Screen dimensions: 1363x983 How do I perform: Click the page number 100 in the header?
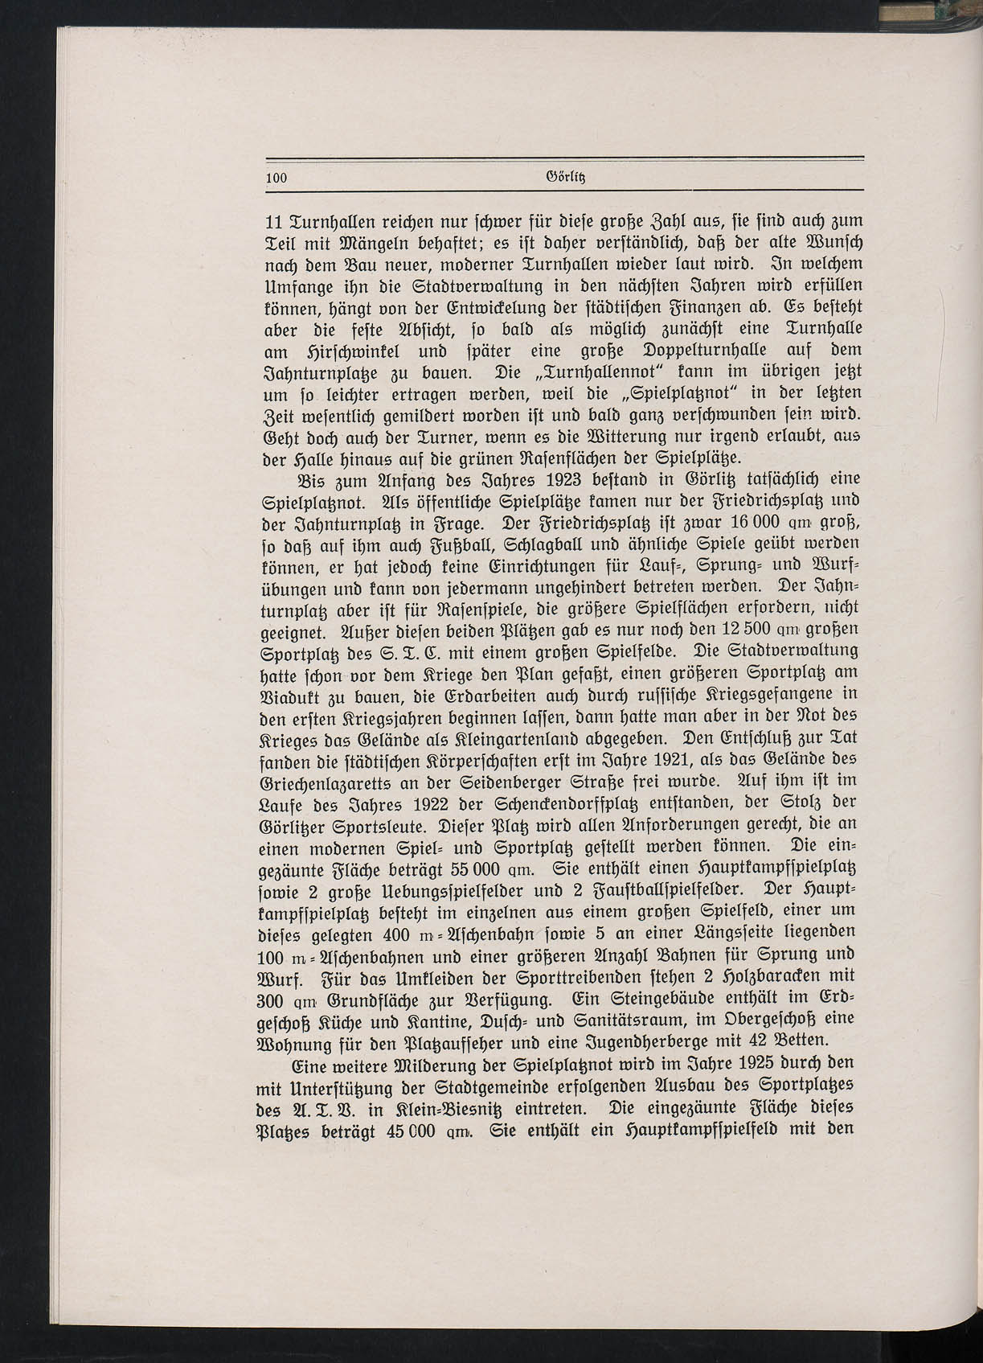276,179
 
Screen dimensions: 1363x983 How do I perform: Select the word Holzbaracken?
774,981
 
